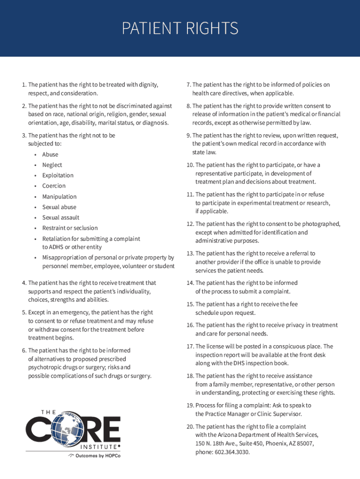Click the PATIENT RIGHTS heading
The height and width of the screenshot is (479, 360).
[180, 29]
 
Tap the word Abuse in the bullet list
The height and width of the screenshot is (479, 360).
[50, 154]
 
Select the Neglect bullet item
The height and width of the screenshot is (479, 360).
[52, 165]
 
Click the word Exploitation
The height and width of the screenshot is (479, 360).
[58, 175]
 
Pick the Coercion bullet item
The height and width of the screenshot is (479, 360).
[54, 186]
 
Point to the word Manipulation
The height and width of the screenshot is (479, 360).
[59, 196]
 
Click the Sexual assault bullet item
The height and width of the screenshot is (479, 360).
[61, 218]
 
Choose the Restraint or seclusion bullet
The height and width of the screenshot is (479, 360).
[70, 228]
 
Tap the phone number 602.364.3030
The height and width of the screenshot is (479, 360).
[232, 452]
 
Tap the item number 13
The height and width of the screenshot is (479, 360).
[190, 254]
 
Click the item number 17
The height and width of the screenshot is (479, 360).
[190, 347]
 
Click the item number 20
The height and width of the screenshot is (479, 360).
[190, 427]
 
